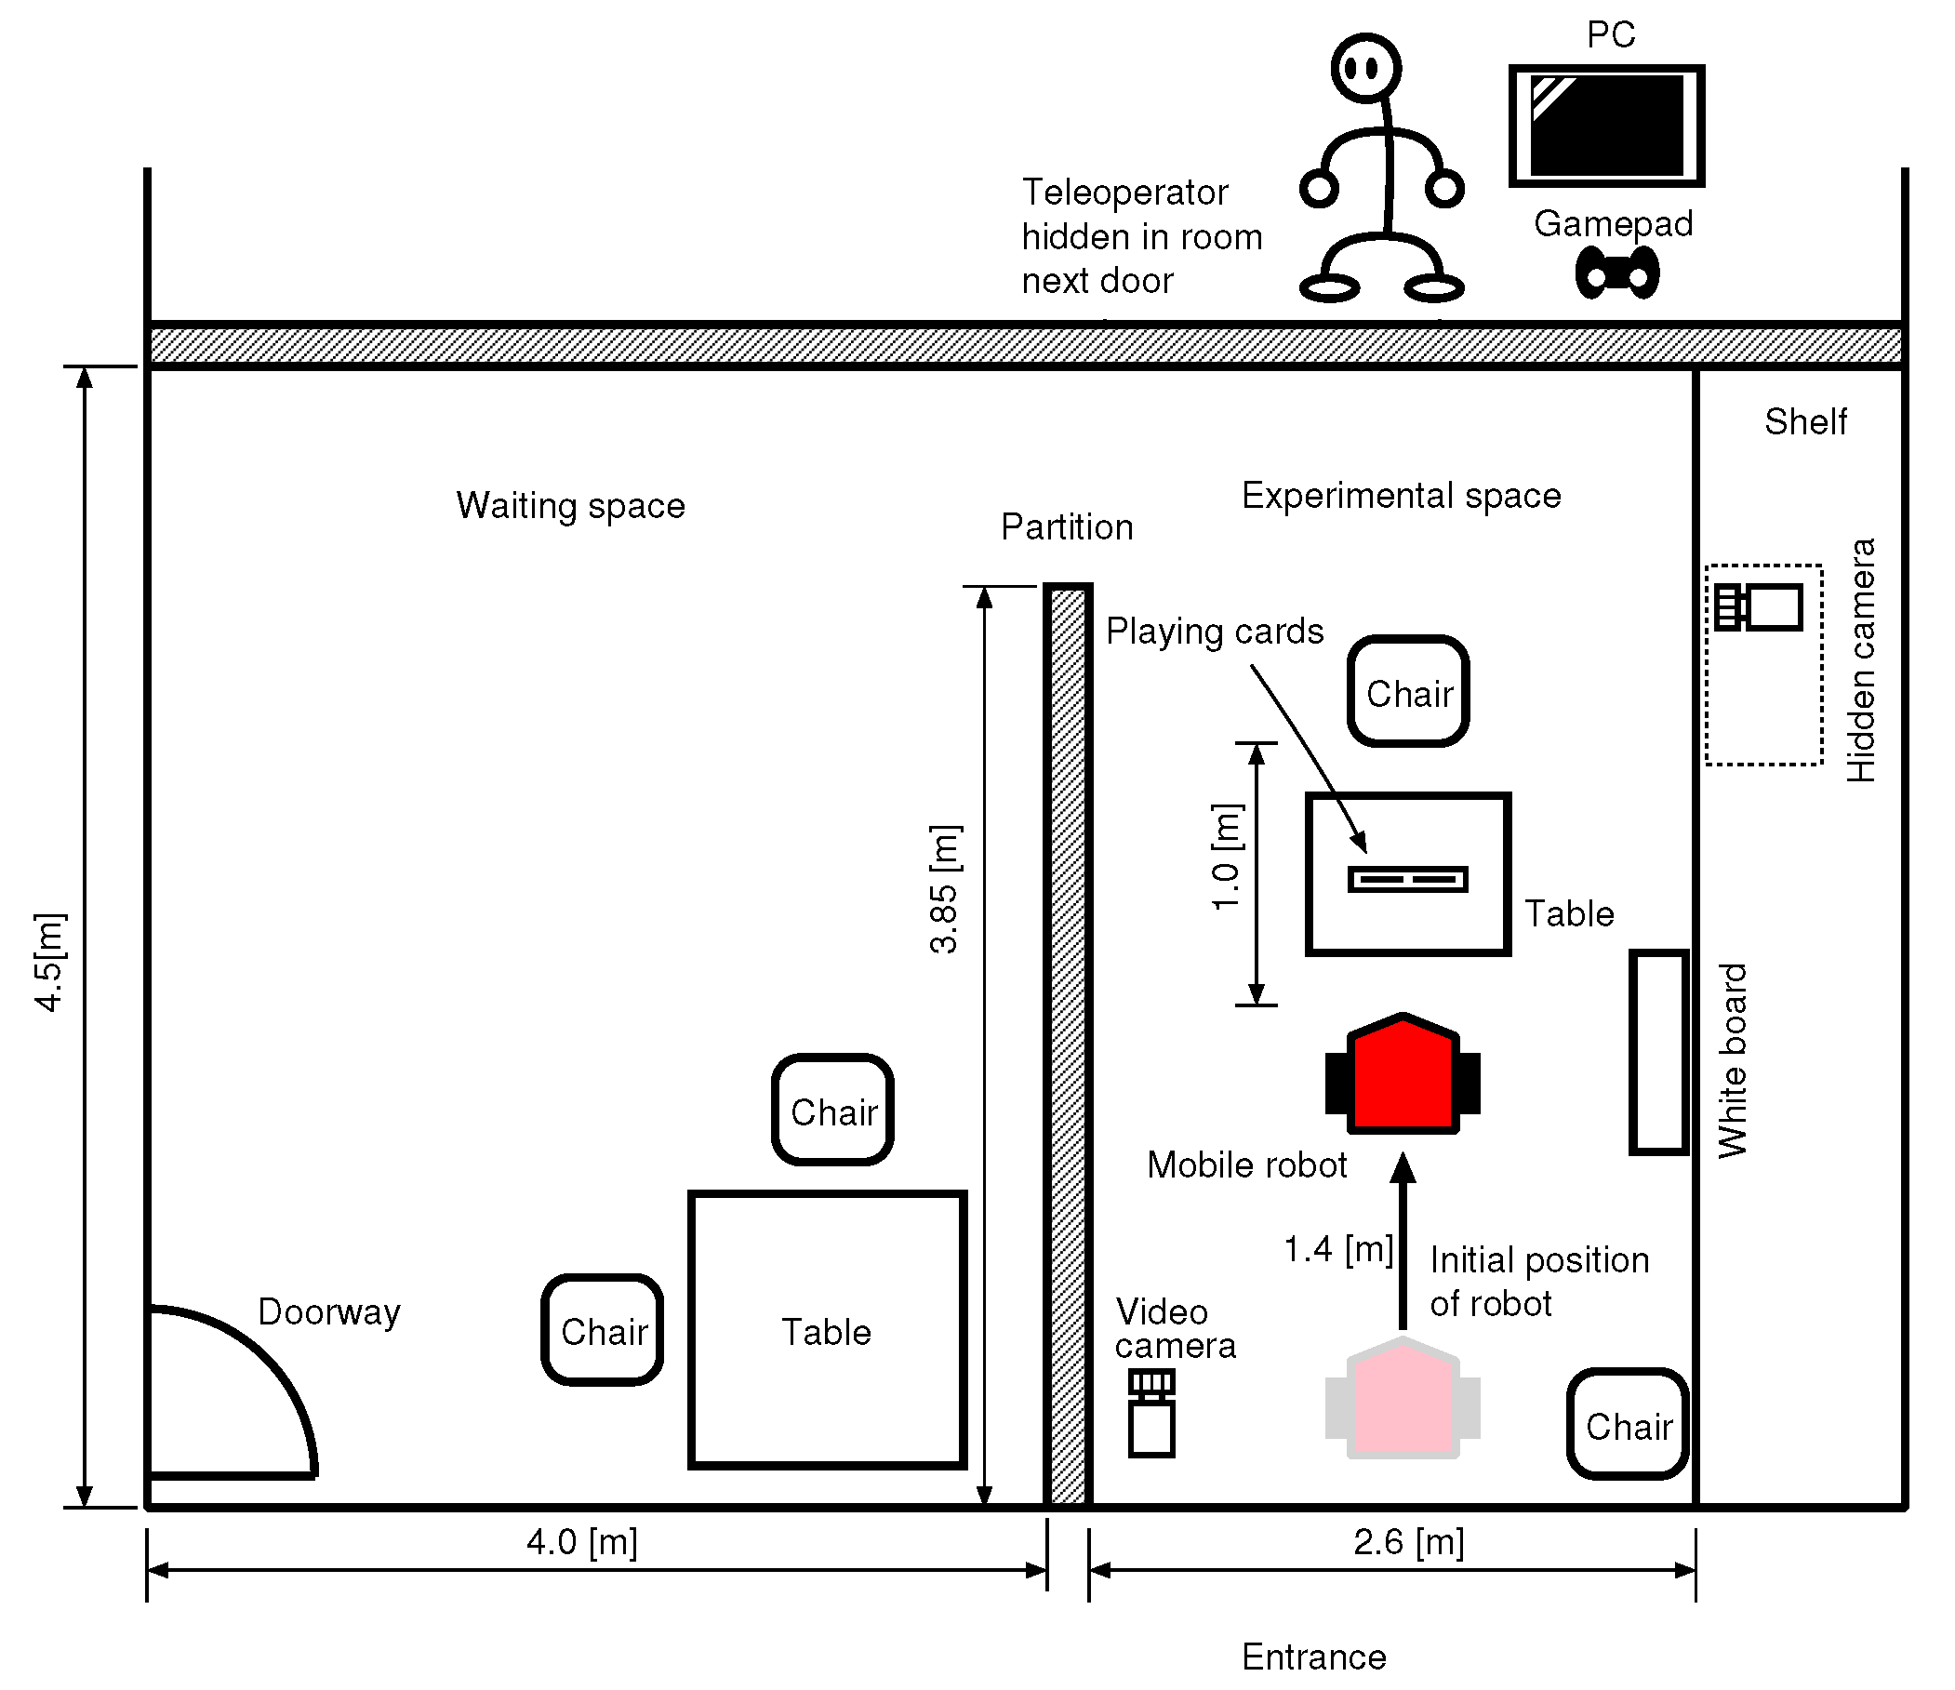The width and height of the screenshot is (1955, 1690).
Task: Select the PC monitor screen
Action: (x=1607, y=126)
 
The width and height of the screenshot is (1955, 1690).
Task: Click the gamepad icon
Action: (x=1617, y=273)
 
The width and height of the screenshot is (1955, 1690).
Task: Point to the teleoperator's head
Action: (x=1365, y=68)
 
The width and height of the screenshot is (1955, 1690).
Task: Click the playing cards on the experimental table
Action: (x=1408, y=880)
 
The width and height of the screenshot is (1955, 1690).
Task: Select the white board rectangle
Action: (x=1658, y=1052)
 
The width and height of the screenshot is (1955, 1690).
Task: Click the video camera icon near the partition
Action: (x=1151, y=1414)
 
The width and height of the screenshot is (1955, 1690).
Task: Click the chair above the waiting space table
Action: (x=833, y=1110)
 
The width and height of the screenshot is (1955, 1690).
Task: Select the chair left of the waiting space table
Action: (x=603, y=1329)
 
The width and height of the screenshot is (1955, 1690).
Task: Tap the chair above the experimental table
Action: (x=1409, y=692)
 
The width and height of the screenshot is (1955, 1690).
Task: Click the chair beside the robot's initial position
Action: (x=1629, y=1424)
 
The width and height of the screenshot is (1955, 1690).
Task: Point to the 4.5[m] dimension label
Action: (x=49, y=962)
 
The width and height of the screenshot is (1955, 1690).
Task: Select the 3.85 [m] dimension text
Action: (x=944, y=889)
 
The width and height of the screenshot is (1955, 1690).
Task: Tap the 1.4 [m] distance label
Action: (x=1339, y=1249)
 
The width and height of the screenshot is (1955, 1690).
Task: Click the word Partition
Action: (x=1067, y=526)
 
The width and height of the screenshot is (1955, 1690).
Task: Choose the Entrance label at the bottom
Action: (x=1314, y=1656)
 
